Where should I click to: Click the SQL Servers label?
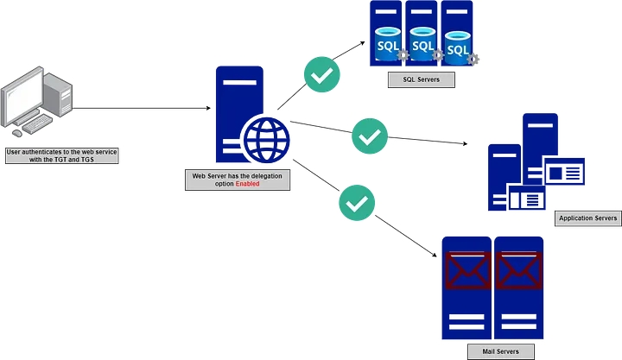click(x=422, y=79)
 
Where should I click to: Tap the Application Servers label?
click(x=588, y=218)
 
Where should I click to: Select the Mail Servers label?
click(x=495, y=351)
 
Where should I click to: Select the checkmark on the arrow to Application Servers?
click(x=370, y=136)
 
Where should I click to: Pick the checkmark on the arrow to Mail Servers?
click(x=355, y=203)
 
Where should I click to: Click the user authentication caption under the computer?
click(x=61, y=155)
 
